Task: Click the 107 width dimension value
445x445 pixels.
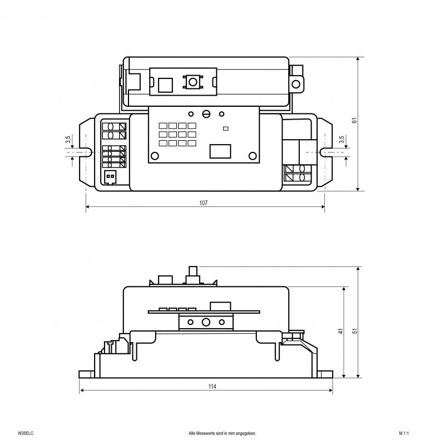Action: click(204, 202)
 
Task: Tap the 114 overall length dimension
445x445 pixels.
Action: click(212, 386)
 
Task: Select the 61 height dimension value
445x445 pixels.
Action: click(354, 120)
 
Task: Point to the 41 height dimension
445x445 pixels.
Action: click(340, 331)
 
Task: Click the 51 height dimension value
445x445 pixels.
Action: click(355, 331)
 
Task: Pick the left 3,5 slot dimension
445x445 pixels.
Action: click(68, 140)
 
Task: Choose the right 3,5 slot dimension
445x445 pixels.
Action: click(342, 140)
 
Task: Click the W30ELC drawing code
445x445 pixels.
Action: click(25, 433)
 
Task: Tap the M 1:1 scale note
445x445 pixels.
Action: click(404, 433)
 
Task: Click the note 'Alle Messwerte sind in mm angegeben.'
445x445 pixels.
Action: click(222, 433)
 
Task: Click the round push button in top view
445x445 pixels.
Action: click(193, 82)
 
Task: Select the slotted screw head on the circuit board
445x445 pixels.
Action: click(206, 114)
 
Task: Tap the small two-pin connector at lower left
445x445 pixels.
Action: click(110, 177)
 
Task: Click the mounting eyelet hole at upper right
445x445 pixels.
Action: click(296, 84)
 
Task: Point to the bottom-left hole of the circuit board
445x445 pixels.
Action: click(155, 156)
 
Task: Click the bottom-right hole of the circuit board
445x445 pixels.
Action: click(253, 156)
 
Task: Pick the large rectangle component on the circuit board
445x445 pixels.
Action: click(220, 151)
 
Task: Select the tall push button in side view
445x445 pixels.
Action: click(193, 275)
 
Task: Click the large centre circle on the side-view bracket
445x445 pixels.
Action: click(206, 322)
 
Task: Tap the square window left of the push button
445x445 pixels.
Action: click(165, 85)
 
